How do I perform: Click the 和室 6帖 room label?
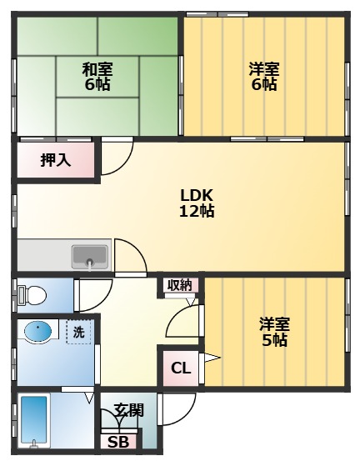click(x=97, y=77)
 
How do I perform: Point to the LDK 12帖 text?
click(x=197, y=203)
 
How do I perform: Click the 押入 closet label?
click(x=56, y=161)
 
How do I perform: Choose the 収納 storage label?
click(x=179, y=285)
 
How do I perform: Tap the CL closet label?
click(x=180, y=368)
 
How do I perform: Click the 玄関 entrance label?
click(x=128, y=410)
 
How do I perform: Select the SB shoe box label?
click(x=118, y=442)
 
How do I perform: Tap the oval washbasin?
click(x=38, y=332)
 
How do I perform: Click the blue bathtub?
click(x=33, y=421)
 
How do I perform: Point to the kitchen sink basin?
click(x=90, y=255)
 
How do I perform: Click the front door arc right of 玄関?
click(x=173, y=408)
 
